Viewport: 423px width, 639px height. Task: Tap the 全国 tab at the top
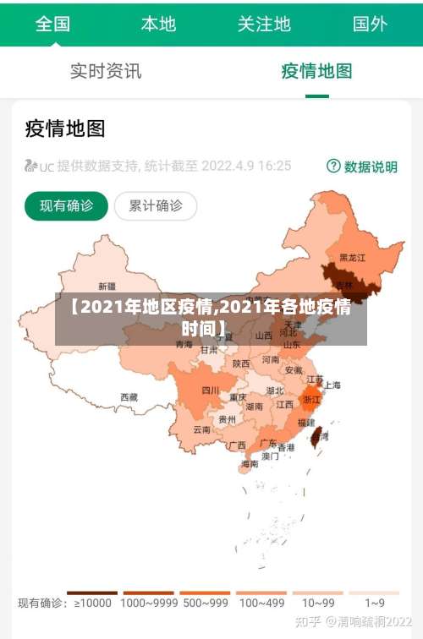coord(52,24)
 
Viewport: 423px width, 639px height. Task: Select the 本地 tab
coord(158,24)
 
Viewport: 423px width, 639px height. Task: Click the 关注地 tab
coord(264,24)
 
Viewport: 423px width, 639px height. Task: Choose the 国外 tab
coord(370,24)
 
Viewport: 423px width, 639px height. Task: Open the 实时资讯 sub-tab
coord(106,71)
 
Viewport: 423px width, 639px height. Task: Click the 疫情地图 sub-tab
coord(316,71)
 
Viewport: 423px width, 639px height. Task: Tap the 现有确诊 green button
coord(67,205)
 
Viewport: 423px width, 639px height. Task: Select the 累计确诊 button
coord(155,205)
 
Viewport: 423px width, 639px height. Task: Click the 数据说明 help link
coord(363,167)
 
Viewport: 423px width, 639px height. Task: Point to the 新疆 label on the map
coord(107,286)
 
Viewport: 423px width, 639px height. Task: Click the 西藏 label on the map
coord(129,396)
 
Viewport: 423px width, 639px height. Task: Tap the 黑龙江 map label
coord(352,257)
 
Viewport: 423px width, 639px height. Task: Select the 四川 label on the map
coord(210,390)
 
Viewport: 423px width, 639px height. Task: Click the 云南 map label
coord(201,429)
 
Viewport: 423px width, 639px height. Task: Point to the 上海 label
coord(332,385)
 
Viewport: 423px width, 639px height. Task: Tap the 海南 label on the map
coord(250,463)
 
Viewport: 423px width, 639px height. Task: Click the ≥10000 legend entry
coord(93,603)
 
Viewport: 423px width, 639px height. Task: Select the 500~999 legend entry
coord(205,603)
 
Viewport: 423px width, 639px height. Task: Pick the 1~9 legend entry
coord(375,603)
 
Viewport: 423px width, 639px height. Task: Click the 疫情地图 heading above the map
coord(65,128)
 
